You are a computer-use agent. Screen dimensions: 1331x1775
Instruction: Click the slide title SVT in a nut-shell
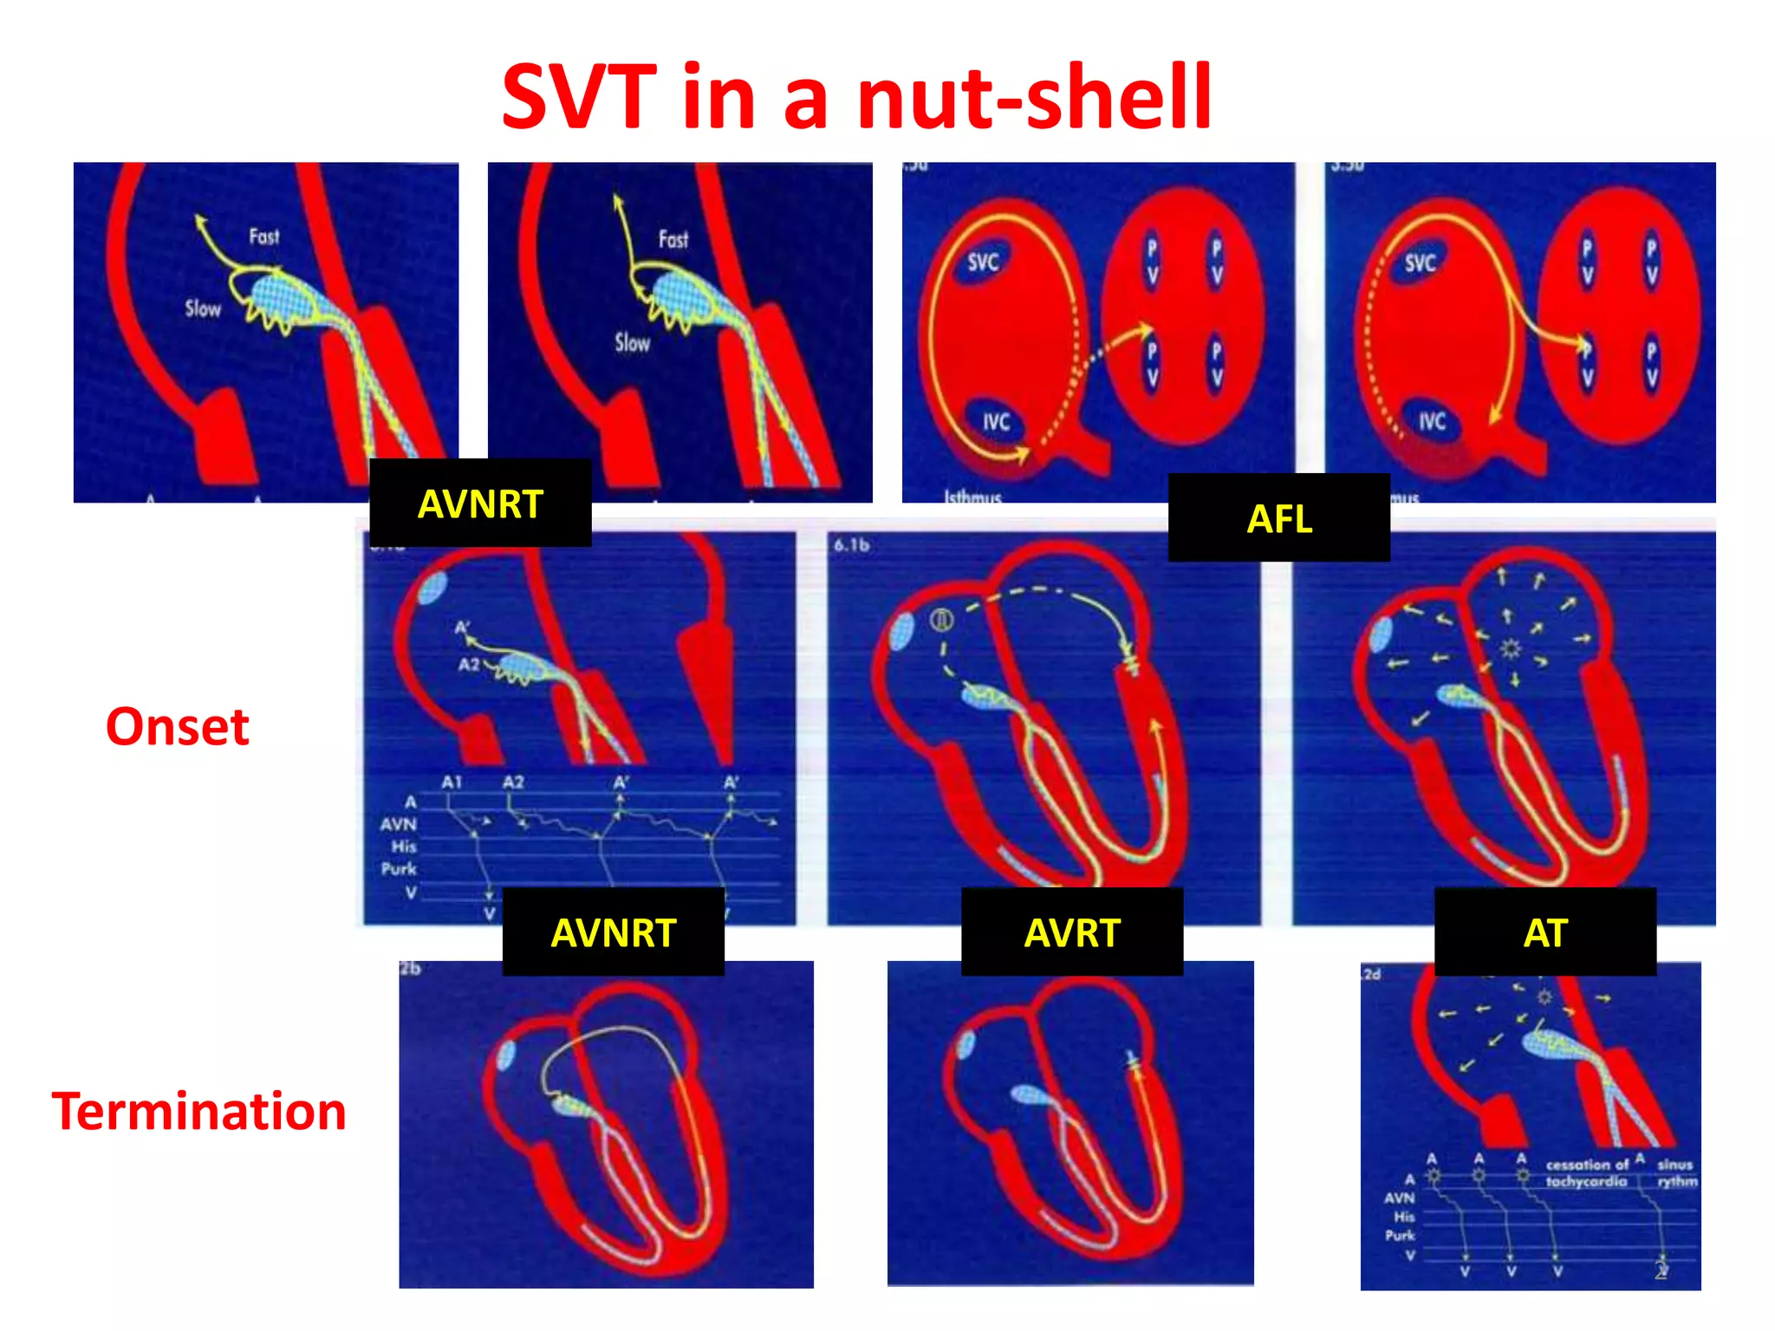click(856, 97)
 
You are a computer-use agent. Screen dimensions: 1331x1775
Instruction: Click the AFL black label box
click(1278, 518)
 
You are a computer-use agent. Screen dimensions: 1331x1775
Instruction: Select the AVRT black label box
click(1071, 932)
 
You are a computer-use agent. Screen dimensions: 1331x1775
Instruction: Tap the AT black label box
click(1544, 932)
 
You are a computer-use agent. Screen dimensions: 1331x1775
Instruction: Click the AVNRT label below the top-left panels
click(480, 503)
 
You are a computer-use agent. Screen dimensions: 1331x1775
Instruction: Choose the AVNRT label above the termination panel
click(613, 932)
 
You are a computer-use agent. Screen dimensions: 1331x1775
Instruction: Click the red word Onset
click(178, 726)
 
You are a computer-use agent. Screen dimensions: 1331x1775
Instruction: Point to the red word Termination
click(198, 1111)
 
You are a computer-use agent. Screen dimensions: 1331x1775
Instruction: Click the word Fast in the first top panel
click(264, 237)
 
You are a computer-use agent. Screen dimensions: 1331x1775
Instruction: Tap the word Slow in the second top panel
click(632, 342)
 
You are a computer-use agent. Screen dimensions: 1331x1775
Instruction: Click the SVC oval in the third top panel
click(983, 262)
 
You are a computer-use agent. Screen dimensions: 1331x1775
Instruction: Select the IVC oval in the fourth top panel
click(1432, 422)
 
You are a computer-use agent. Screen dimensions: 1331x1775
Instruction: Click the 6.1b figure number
click(851, 545)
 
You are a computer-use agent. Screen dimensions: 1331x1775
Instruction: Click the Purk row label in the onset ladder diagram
click(399, 868)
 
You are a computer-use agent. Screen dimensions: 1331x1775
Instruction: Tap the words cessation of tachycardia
click(1587, 1173)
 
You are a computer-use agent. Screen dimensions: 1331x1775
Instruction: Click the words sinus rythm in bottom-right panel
click(1676, 1173)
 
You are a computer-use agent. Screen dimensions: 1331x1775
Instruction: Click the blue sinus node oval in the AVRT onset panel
click(903, 632)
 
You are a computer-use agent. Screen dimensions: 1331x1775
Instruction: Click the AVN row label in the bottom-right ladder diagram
click(1399, 1198)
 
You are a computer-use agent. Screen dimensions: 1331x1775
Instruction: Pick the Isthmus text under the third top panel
click(972, 497)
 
